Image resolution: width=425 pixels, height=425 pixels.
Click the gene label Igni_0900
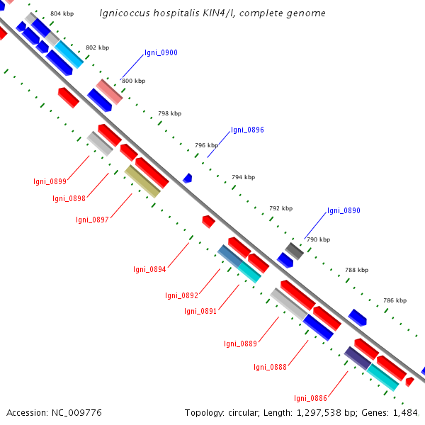click(161, 52)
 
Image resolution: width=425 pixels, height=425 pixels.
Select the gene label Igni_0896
click(247, 130)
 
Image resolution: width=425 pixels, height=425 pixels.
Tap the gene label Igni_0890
click(344, 210)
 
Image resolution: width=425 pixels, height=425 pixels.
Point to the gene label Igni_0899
click(50, 181)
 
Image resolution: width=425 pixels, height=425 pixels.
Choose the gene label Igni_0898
click(69, 198)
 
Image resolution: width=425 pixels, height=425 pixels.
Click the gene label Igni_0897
click(92, 220)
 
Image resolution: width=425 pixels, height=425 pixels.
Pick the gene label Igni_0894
click(149, 269)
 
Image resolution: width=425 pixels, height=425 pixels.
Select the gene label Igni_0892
click(181, 295)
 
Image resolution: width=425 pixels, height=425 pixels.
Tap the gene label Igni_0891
click(200, 311)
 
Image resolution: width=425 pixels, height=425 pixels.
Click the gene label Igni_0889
click(240, 344)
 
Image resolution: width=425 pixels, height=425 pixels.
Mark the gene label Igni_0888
click(270, 367)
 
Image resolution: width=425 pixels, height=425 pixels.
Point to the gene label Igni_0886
click(311, 398)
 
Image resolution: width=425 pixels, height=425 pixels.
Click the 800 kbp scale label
click(134, 81)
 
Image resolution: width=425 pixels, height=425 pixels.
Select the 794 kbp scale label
click(244, 177)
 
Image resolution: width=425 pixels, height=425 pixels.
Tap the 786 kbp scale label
click(395, 300)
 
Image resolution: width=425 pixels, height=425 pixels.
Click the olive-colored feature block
click(142, 181)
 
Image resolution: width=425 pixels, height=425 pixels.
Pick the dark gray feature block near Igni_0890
click(295, 251)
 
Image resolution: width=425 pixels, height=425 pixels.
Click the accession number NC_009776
click(76, 413)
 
